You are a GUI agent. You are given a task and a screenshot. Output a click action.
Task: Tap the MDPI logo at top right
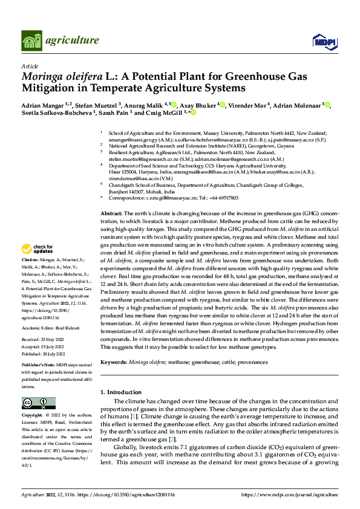click(322, 41)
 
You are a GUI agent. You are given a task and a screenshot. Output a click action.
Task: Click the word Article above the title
click(30, 65)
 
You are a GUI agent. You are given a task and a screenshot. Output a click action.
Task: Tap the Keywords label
click(114, 361)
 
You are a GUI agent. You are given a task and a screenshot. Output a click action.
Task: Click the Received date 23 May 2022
click(53, 340)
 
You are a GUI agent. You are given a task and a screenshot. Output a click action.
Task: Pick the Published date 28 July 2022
click(53, 355)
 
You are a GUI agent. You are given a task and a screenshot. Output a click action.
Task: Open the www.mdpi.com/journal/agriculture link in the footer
click(289, 494)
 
